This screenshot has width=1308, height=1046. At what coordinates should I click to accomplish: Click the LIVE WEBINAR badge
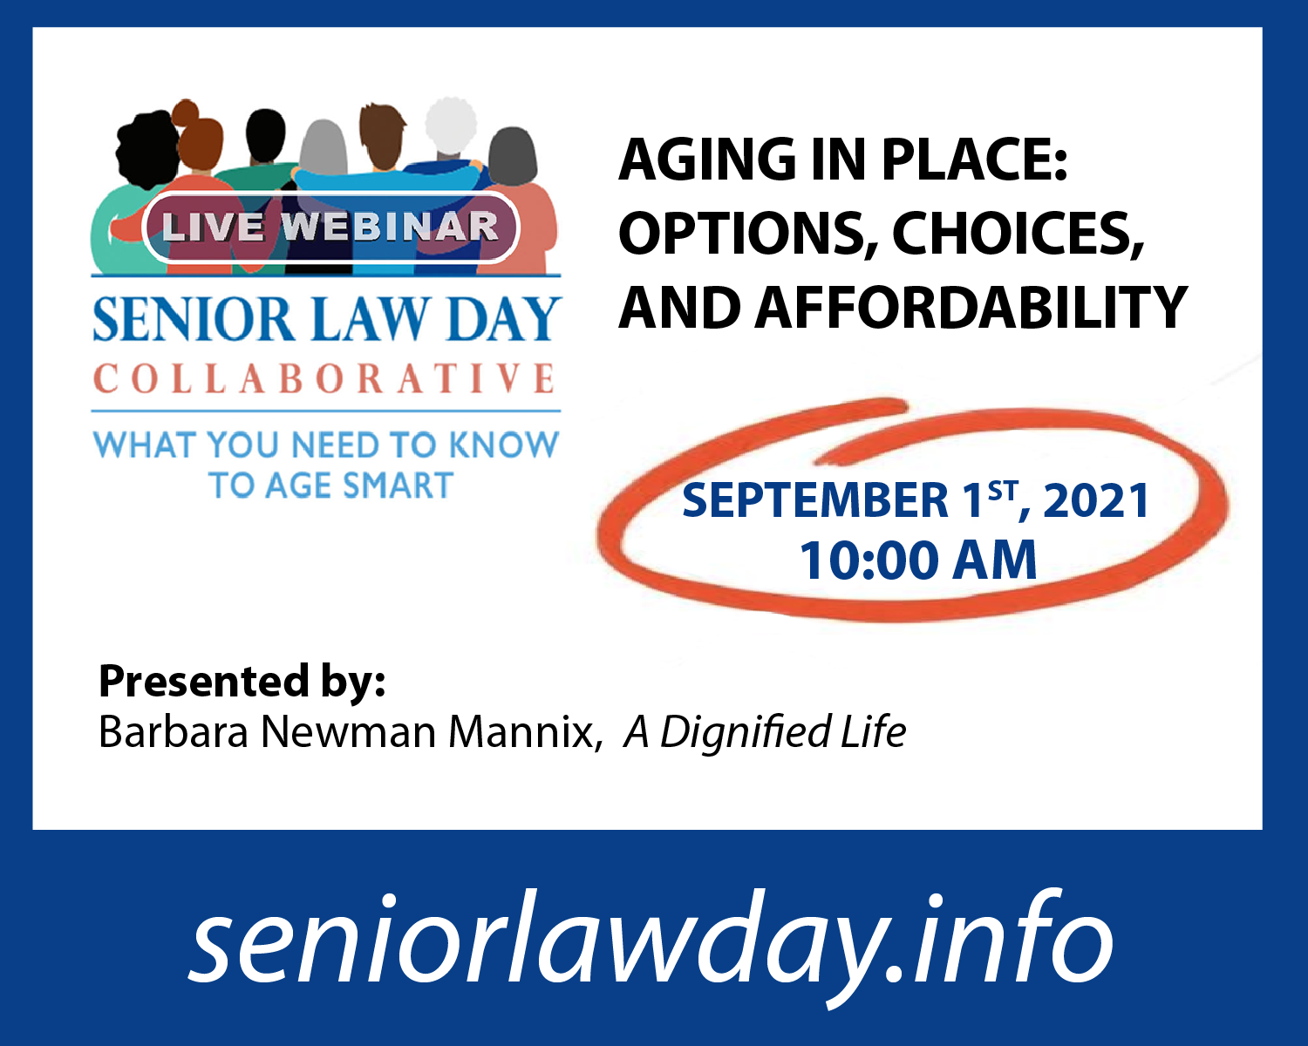(330, 227)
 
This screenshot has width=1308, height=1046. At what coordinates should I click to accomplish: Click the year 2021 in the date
(1096, 500)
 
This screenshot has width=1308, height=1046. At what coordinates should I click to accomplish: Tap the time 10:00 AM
(918, 560)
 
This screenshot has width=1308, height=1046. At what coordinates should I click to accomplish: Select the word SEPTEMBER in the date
(815, 500)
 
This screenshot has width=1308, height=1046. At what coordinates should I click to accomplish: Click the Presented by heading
(242, 682)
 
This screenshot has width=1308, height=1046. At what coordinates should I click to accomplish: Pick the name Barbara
(174, 732)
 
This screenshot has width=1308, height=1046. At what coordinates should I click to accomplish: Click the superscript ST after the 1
(1003, 491)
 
